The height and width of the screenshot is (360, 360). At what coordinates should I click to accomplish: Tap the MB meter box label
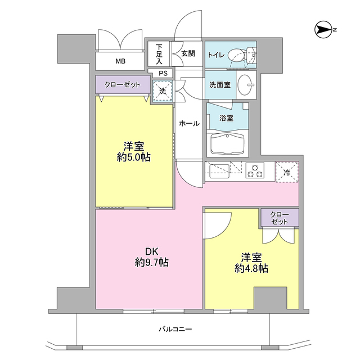click(120, 61)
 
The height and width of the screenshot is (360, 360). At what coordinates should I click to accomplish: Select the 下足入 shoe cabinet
click(159, 54)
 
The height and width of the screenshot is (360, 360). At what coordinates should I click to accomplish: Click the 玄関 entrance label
click(188, 54)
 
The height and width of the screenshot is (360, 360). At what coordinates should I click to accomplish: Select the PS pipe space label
click(163, 73)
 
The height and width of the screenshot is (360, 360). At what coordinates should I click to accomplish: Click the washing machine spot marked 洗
click(163, 90)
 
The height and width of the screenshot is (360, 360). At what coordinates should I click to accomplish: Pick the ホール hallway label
click(189, 123)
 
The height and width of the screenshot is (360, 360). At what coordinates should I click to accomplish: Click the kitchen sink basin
click(218, 170)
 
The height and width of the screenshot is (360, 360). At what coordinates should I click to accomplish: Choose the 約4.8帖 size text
click(251, 268)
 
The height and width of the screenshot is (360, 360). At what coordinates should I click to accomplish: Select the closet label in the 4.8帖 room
click(279, 218)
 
